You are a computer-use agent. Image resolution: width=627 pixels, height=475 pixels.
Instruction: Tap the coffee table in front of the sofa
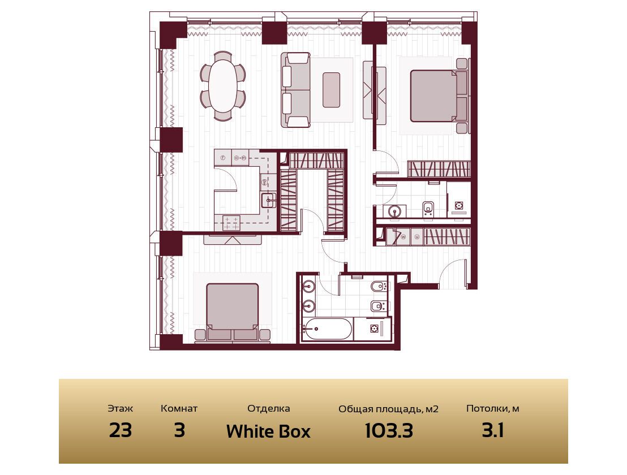[331, 90]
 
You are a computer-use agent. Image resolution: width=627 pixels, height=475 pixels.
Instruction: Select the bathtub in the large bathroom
[327, 329]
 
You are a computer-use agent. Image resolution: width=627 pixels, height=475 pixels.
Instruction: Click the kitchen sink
[269, 200]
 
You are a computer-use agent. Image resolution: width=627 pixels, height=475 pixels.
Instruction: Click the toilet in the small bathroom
[428, 209]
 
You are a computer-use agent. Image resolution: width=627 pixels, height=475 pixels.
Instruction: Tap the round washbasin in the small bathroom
[395, 211]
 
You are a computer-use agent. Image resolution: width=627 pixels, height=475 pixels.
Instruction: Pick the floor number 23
[121, 431]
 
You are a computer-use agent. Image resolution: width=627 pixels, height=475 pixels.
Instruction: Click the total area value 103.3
[389, 431]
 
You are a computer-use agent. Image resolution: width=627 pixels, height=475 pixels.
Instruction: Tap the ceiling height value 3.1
[493, 431]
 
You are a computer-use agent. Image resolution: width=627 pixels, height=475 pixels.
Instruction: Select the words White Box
[268, 431]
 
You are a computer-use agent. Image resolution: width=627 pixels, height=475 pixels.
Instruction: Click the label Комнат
[179, 408]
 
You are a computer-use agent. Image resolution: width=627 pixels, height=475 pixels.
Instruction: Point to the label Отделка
[268, 408]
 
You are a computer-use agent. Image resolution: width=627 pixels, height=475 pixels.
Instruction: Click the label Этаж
[121, 408]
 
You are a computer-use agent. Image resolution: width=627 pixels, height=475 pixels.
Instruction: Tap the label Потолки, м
[493, 409]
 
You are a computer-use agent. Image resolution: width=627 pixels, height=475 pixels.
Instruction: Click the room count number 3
[179, 431]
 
